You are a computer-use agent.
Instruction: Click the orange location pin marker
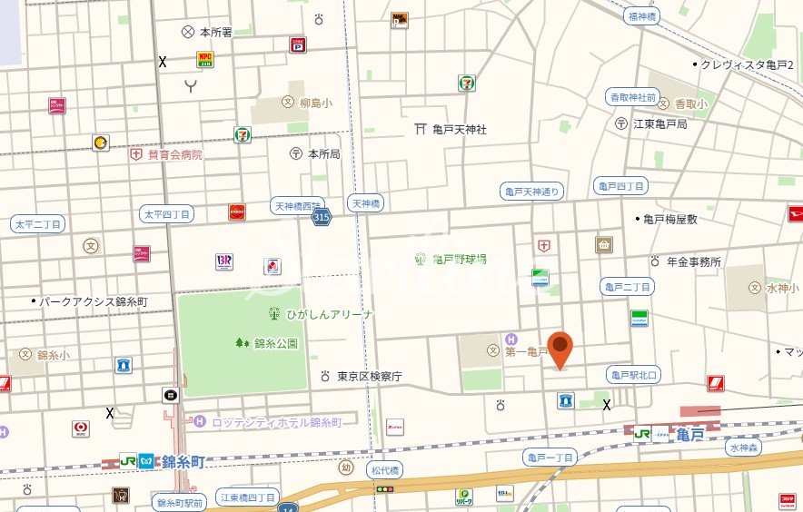pos(562,349)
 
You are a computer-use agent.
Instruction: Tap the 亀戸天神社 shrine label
pos(459,130)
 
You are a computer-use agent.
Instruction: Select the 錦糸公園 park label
pos(275,343)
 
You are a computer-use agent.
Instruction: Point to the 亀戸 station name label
pos(690,436)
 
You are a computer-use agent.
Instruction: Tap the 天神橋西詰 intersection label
pos(298,205)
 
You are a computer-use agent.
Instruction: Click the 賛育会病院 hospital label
pos(174,154)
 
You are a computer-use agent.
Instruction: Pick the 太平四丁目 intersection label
pos(167,214)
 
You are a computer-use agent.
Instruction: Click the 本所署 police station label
pos(215,32)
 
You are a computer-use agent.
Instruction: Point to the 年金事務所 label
pos(693,261)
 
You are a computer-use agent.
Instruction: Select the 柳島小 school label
pos(315,103)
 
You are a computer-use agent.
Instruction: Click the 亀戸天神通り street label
pos(532,191)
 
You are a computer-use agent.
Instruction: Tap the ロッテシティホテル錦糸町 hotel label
pos(275,422)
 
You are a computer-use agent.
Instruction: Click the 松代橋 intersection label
pos(385,469)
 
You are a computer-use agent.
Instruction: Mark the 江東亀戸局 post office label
pos(659,123)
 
